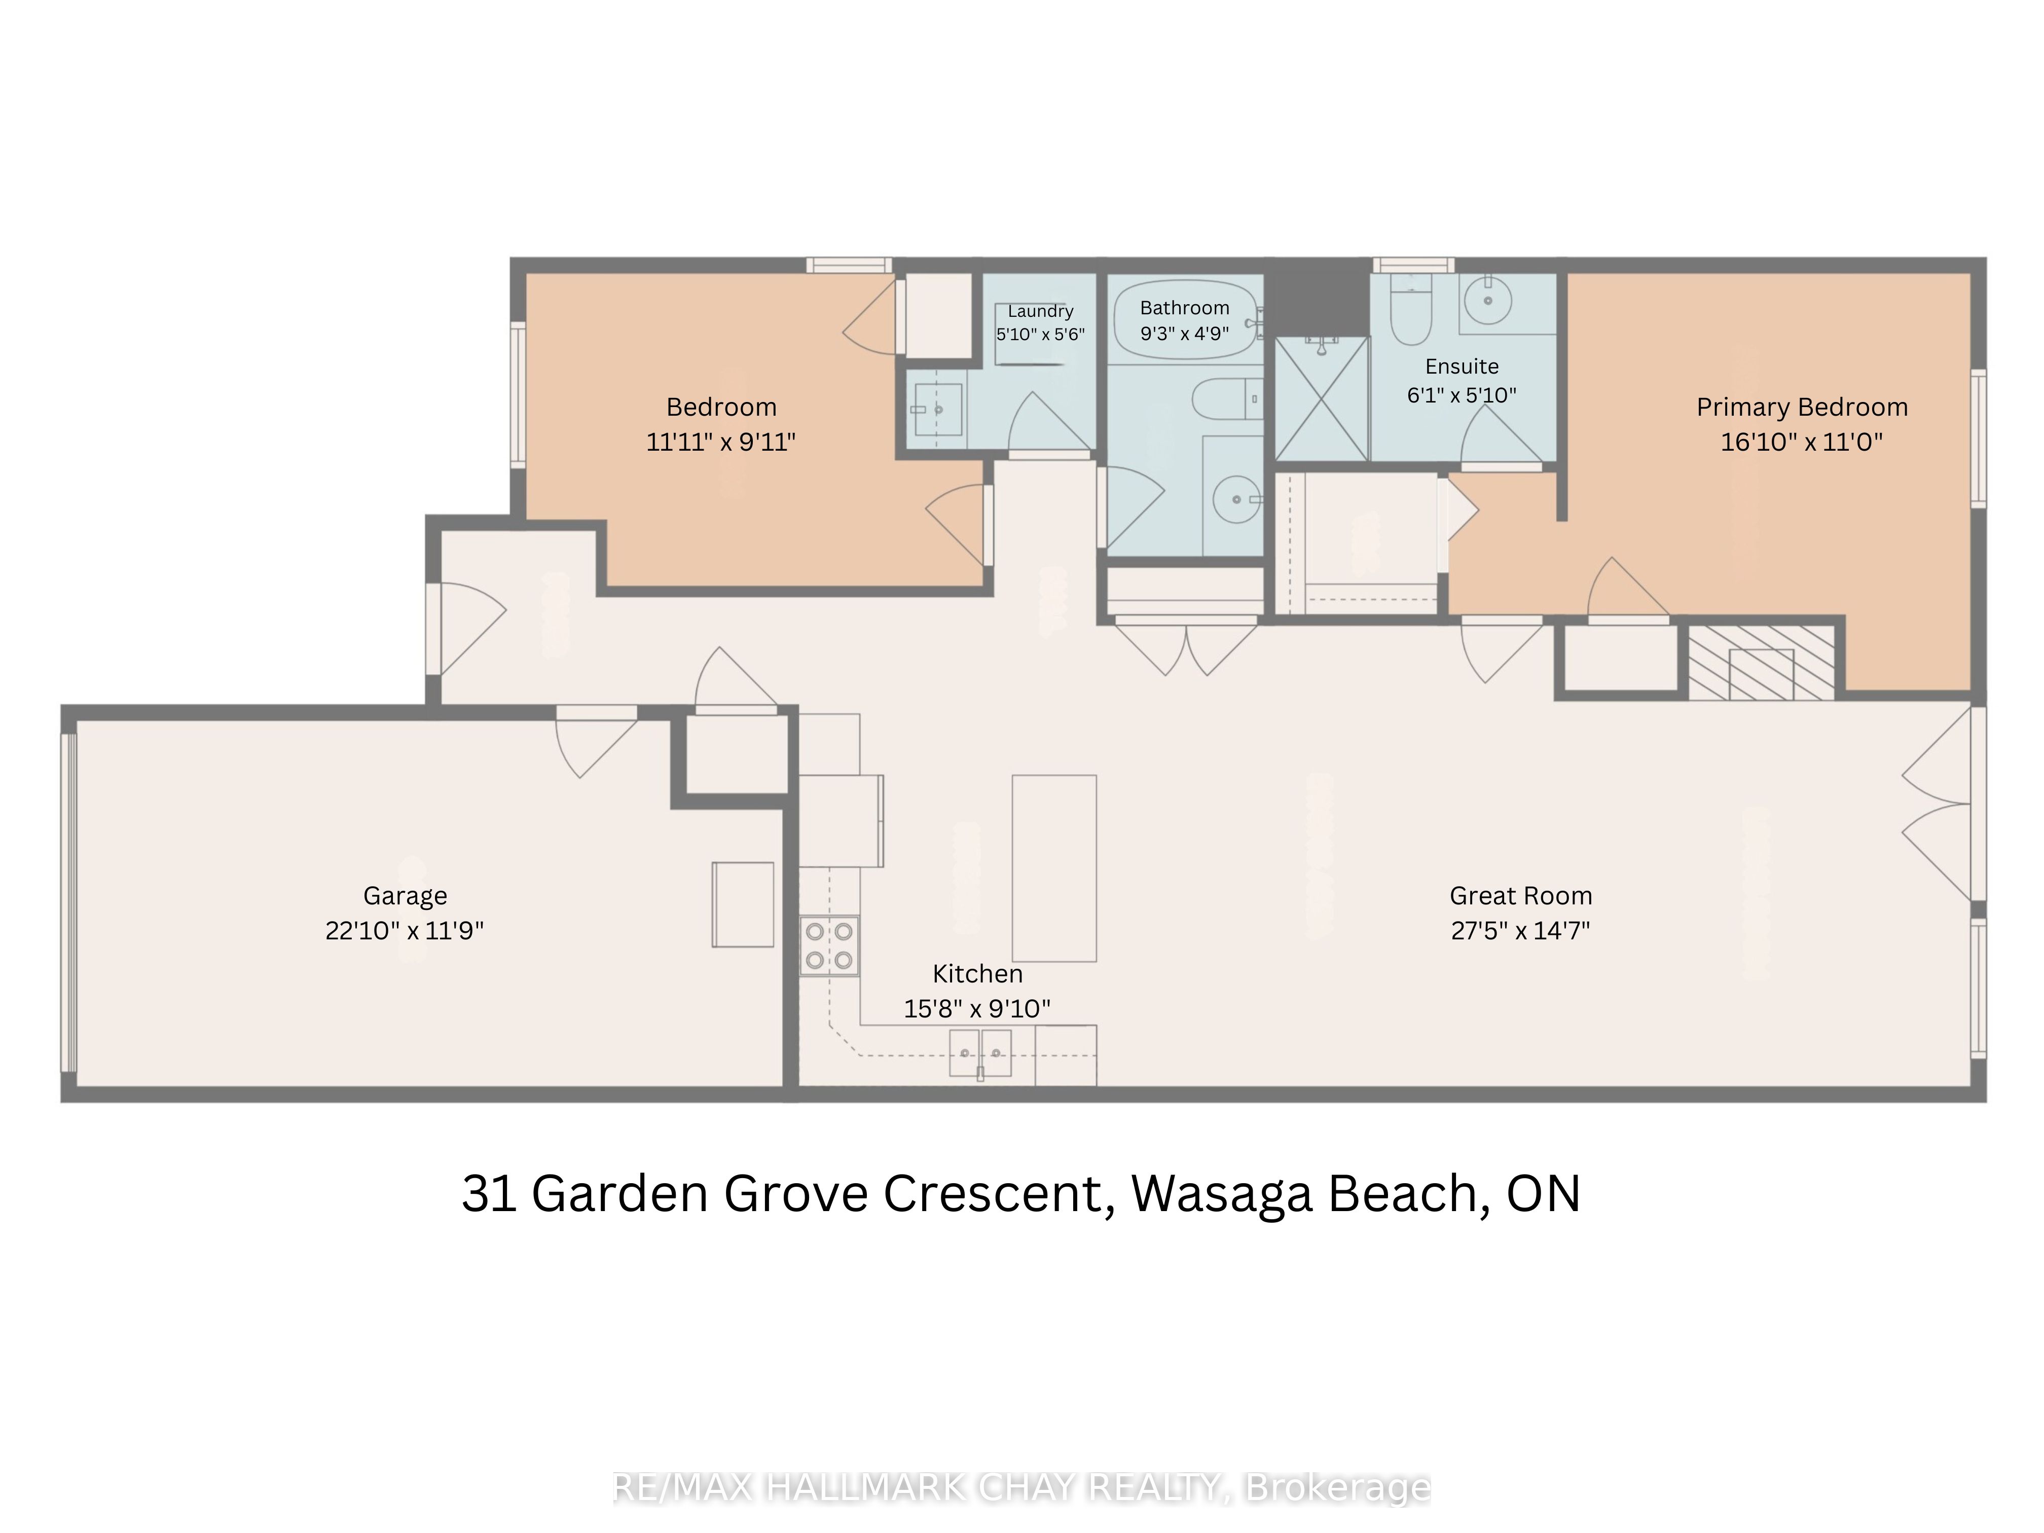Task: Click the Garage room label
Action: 405,895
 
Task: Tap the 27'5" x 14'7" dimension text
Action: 1520,930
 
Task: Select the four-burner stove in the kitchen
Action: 829,945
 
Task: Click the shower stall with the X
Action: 1322,398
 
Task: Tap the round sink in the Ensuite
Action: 1488,300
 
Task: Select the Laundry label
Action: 1040,311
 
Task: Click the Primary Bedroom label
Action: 1802,408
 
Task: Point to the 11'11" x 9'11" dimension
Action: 721,442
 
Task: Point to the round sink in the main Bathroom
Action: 1236,500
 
